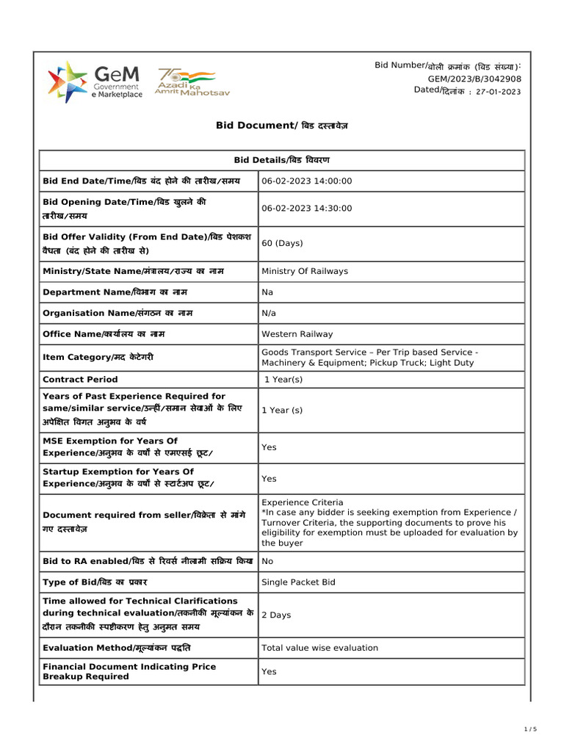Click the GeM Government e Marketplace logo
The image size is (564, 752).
pyautogui.click(x=95, y=82)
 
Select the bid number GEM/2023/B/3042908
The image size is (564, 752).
pyautogui.click(x=474, y=79)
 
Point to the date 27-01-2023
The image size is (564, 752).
pyautogui.click(x=498, y=92)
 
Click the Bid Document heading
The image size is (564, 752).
pyautogui.click(x=282, y=126)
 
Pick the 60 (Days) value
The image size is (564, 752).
pyautogui.click(x=283, y=243)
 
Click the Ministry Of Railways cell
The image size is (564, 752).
pyautogui.click(x=305, y=271)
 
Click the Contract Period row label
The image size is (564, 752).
pyautogui.click(x=80, y=380)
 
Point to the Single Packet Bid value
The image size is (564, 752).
pyautogui.click(x=298, y=582)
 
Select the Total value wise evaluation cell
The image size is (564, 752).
pyautogui.click(x=319, y=648)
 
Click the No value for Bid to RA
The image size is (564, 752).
pyautogui.click(x=267, y=561)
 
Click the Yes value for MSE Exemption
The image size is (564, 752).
pyautogui.click(x=269, y=447)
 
